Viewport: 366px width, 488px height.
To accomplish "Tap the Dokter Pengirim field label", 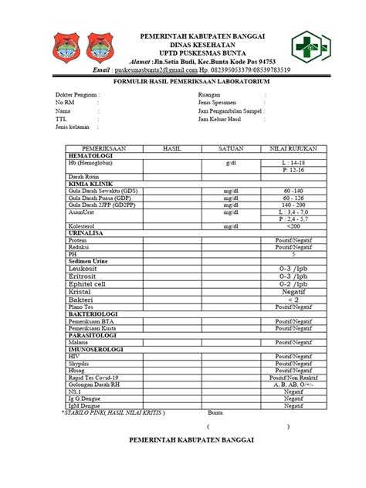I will click(x=77, y=95).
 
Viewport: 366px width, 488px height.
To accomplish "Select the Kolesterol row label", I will click(x=83, y=227).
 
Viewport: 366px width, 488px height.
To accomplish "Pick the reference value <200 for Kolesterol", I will click(x=293, y=227).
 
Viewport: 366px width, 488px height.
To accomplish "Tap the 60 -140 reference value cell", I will click(x=293, y=190).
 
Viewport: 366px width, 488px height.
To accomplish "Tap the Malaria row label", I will click(x=79, y=341).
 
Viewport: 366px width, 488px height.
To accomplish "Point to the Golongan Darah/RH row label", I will click(x=97, y=385).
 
